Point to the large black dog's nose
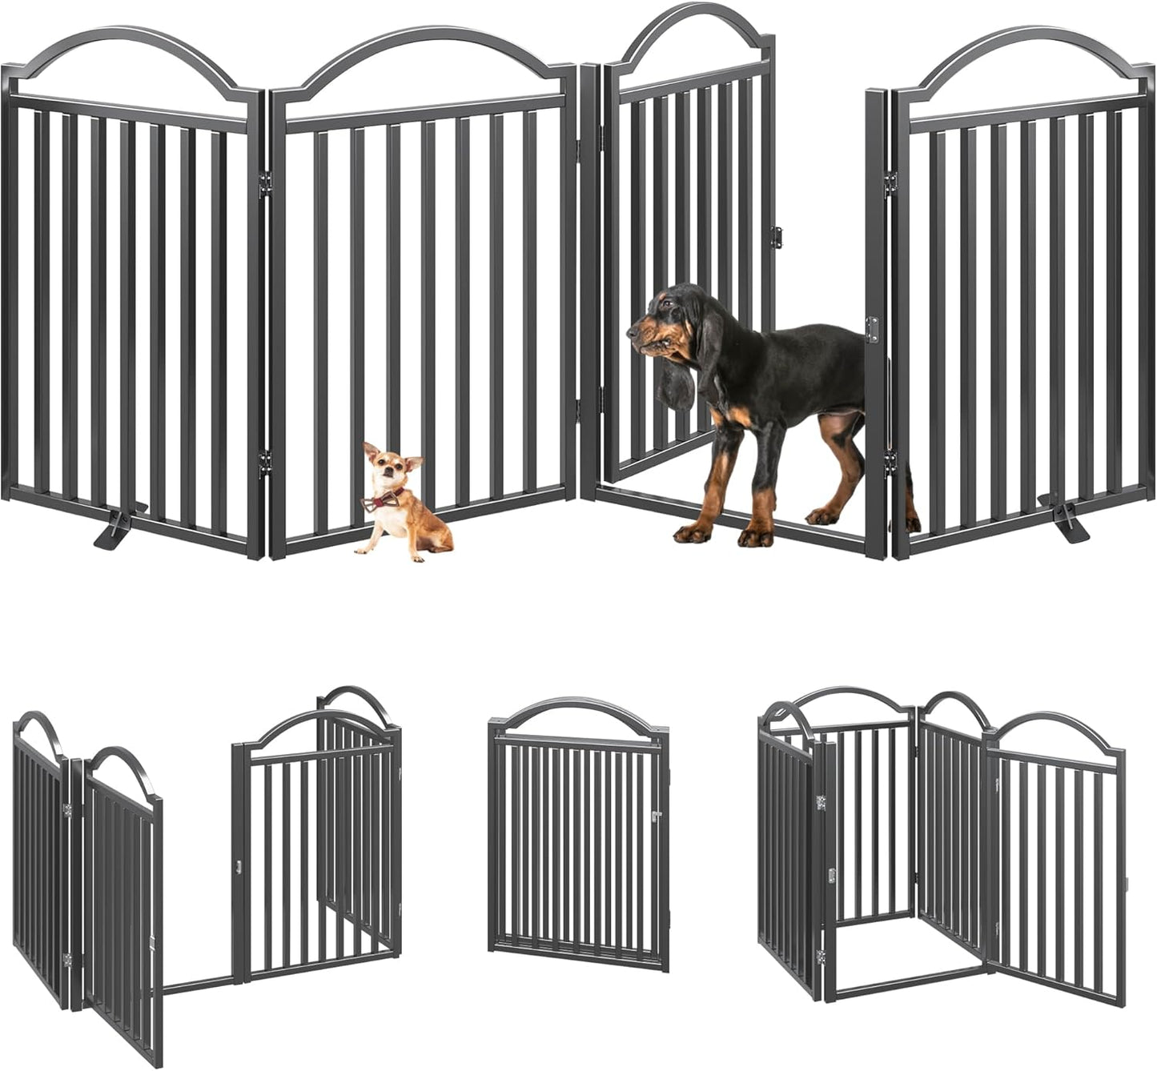(x=632, y=328)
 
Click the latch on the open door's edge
(x=775, y=236)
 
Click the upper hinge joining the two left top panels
(x=266, y=183)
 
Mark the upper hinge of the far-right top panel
(x=888, y=183)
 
